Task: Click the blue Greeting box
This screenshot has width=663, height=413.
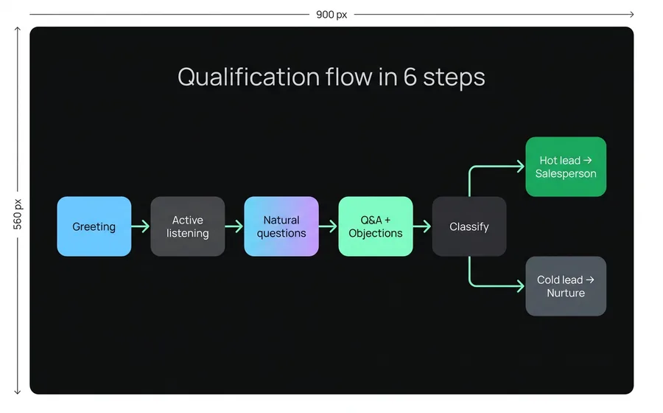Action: click(x=94, y=226)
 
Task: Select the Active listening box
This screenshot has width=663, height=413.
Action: click(x=187, y=226)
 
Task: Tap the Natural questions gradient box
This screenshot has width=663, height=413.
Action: click(x=281, y=226)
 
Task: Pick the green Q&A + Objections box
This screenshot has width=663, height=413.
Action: click(x=375, y=226)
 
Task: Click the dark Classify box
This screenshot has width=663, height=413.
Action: click(x=469, y=226)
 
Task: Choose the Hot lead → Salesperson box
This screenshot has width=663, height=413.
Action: click(x=565, y=167)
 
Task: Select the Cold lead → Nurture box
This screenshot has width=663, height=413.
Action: click(x=565, y=286)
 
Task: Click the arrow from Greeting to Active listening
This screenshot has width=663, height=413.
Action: click(x=141, y=226)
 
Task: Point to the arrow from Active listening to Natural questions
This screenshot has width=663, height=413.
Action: click(x=234, y=226)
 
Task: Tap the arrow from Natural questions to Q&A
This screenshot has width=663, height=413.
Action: click(x=328, y=226)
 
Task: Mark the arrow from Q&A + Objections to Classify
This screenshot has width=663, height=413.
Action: click(x=422, y=226)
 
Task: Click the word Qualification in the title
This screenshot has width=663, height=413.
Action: click(x=248, y=77)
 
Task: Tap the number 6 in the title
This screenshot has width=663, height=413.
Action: click(x=410, y=77)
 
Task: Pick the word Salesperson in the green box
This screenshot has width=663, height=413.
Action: click(x=565, y=174)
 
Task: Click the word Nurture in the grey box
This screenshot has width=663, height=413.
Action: click(x=565, y=294)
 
